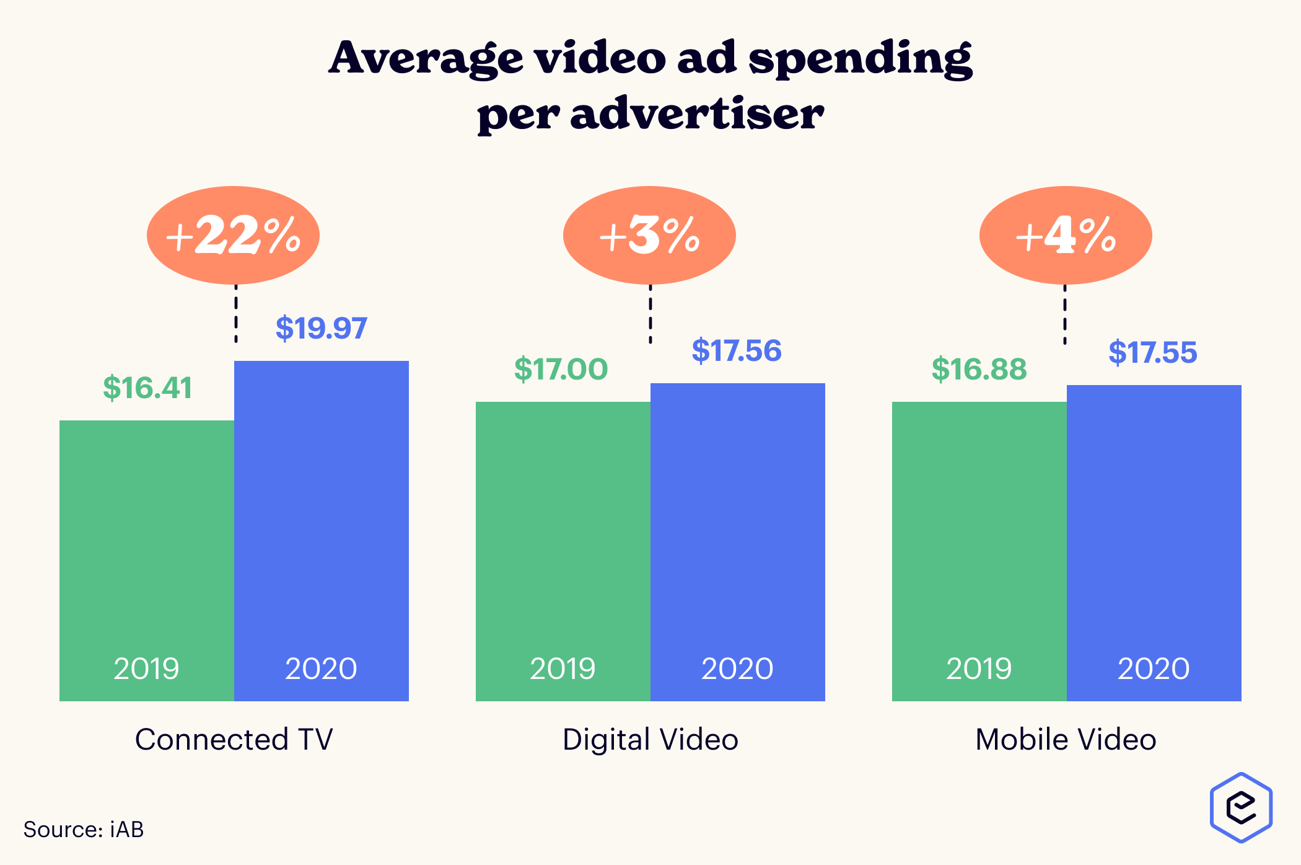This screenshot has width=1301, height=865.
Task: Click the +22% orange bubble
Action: [x=233, y=236]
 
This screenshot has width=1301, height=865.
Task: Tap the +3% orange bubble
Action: [x=649, y=236]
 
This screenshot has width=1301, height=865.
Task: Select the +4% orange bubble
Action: [x=1066, y=236]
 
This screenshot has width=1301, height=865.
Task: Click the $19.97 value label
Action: [x=321, y=328]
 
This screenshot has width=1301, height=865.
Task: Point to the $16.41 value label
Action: [x=147, y=388]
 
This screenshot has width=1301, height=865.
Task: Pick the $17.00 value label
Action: [x=561, y=370]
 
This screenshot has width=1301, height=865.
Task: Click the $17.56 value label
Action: [x=737, y=351]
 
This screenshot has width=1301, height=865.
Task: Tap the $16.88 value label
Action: [x=979, y=370]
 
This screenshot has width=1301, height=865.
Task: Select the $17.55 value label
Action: [x=1152, y=353]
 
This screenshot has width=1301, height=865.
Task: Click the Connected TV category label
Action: [x=234, y=739]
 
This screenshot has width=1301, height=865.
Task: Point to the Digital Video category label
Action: [x=650, y=739]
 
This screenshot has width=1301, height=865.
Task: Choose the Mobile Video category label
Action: [x=1066, y=739]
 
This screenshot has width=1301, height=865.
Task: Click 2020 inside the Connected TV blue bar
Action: [x=321, y=668]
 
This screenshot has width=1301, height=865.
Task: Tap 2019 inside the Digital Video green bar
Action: [x=563, y=668]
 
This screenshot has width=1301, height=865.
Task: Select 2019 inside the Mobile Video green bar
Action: [x=979, y=668]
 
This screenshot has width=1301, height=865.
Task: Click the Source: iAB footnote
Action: [x=84, y=830]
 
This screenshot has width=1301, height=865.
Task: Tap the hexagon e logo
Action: [x=1241, y=807]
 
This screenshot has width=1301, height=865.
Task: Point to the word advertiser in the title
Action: [x=697, y=115]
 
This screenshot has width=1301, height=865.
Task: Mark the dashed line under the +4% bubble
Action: [x=1065, y=314]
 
